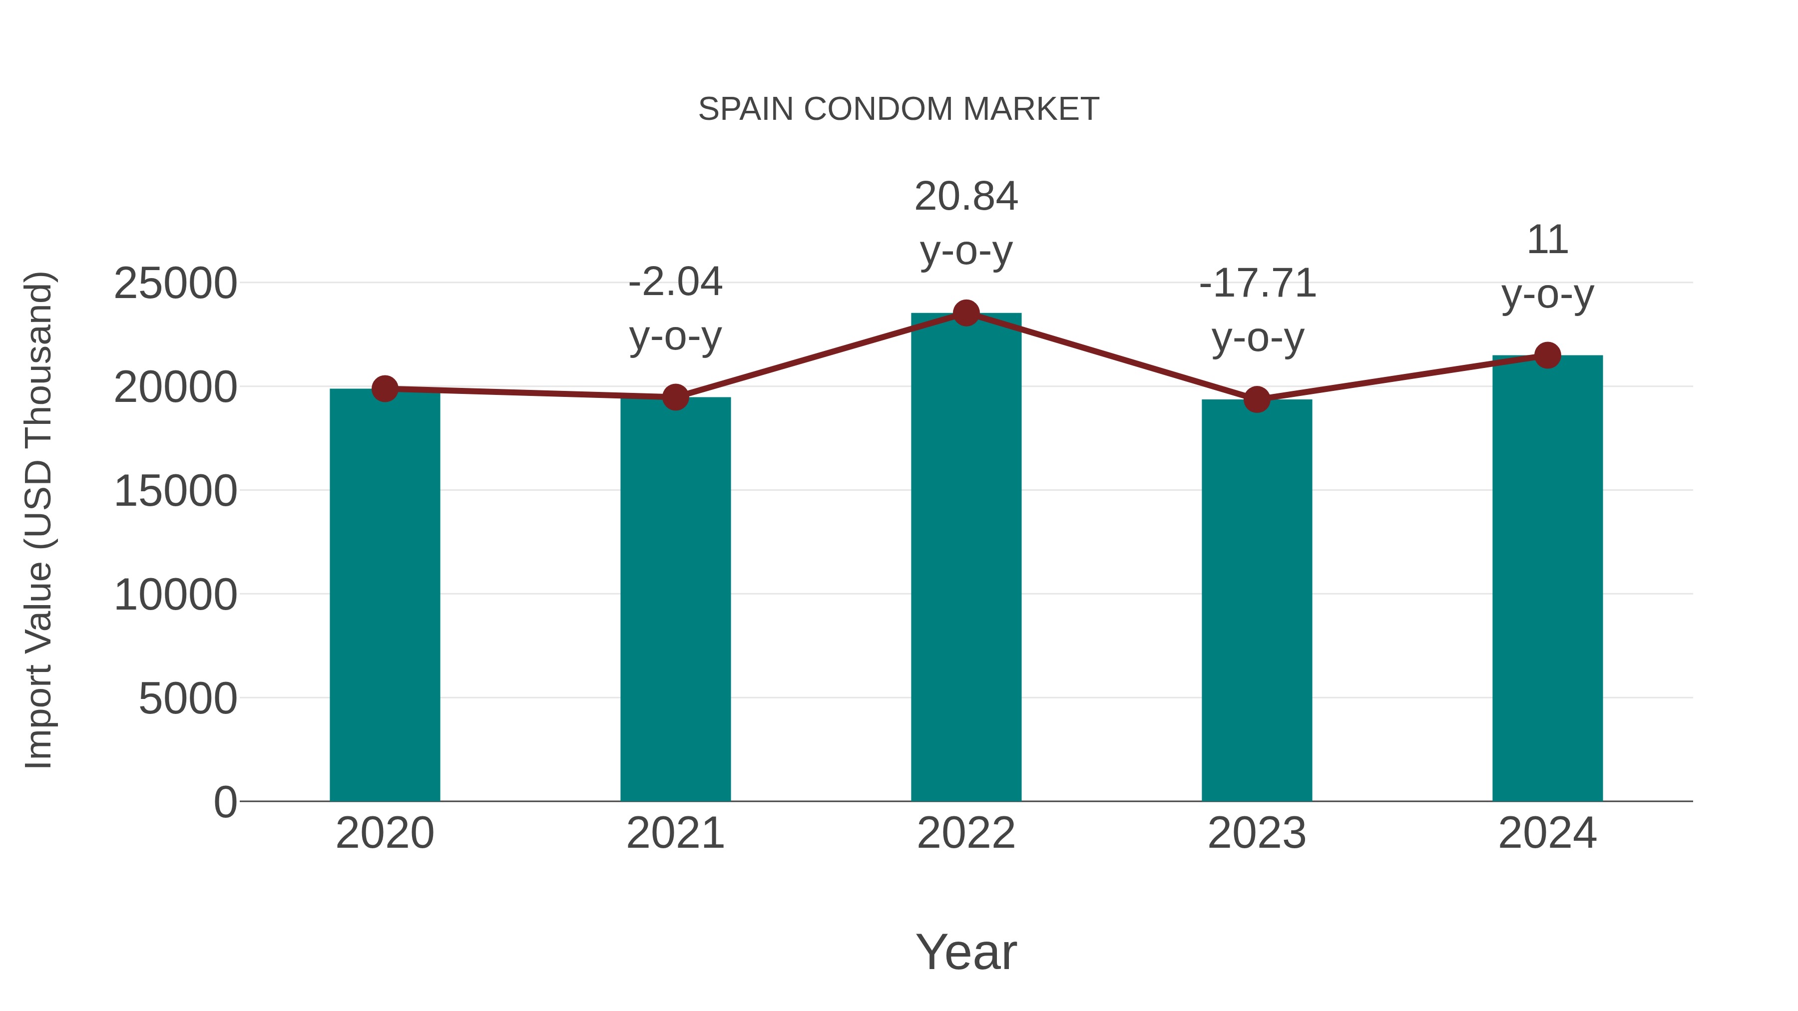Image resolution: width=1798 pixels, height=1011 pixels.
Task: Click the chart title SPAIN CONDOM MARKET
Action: coord(899,109)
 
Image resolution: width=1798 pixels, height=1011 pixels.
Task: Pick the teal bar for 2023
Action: coord(1257,600)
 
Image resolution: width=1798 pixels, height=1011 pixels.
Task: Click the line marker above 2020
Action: coord(385,388)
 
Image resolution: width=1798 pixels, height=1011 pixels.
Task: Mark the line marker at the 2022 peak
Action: coord(966,313)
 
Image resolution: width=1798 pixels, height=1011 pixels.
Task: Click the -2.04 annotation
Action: coord(675,283)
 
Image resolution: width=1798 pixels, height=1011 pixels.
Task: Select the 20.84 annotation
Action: coord(966,197)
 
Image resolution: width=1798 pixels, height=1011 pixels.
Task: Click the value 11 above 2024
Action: coord(1547,241)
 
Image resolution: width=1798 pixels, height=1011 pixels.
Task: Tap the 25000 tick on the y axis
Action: coord(175,284)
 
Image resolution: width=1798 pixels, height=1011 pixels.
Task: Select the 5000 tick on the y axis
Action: coord(188,698)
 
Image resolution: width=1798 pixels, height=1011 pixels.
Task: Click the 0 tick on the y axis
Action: coord(225,802)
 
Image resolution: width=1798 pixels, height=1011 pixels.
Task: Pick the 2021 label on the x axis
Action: coord(675,833)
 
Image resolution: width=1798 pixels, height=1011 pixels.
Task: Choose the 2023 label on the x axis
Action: coord(1257,833)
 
